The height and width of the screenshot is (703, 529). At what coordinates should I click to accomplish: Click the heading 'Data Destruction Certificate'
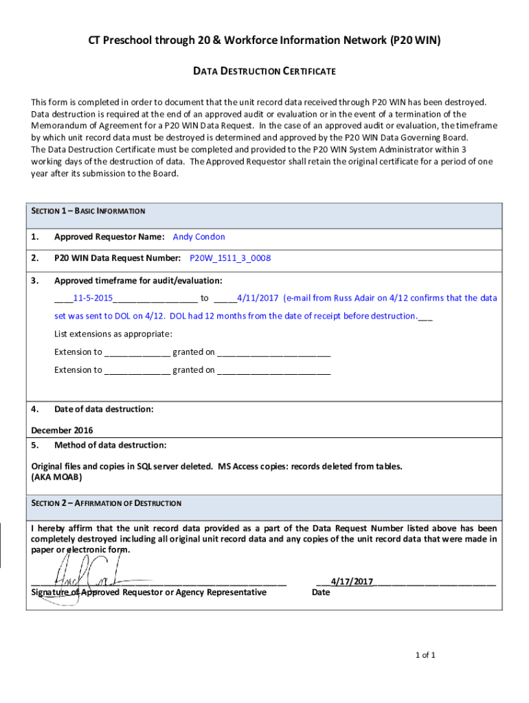tap(264, 71)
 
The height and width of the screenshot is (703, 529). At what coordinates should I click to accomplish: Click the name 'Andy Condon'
tap(199, 237)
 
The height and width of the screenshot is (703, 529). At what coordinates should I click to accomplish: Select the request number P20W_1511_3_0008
tap(230, 259)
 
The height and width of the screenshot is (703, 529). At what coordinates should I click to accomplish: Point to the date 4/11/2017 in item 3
tap(257, 298)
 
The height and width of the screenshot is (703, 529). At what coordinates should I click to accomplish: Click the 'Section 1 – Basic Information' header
tap(89, 211)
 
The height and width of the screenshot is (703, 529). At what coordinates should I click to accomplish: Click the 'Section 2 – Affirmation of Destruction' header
tap(106, 503)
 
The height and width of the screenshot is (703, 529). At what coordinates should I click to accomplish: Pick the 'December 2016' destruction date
tap(63, 430)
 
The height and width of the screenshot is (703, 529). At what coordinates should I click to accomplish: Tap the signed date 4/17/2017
tap(352, 581)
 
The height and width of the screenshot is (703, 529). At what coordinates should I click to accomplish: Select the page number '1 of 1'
tap(425, 655)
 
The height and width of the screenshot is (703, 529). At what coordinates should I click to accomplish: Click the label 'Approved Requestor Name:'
tap(109, 237)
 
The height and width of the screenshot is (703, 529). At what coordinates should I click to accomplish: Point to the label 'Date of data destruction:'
tap(104, 409)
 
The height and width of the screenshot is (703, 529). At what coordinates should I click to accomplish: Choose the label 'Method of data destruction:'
tap(110, 445)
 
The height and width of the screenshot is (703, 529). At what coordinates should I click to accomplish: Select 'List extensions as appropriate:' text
tap(113, 334)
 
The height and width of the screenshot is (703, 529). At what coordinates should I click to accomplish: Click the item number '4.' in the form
tap(35, 409)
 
